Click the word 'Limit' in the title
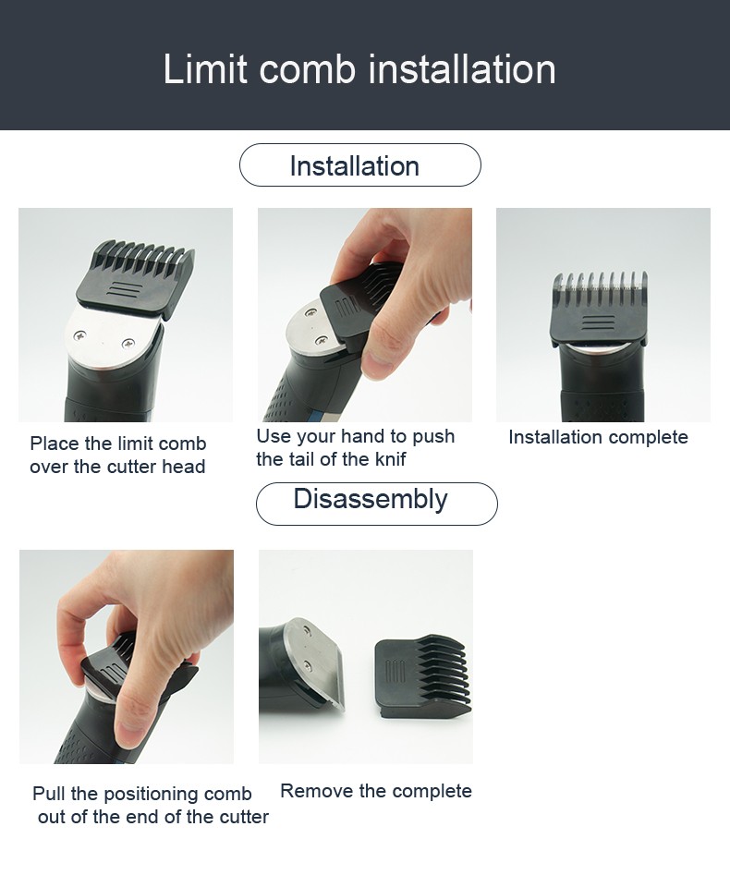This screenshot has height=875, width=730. coord(205,69)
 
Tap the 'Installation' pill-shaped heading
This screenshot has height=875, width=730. coord(360,165)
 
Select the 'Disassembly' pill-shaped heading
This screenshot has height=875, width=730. coord(377,504)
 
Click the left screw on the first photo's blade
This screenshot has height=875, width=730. coord(79,335)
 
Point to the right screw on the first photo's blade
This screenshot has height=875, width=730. coord(128,344)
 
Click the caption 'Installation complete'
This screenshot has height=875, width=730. coord(598,437)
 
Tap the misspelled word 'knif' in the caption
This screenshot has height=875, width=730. coord(391,459)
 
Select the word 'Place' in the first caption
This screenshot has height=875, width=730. coord(55,444)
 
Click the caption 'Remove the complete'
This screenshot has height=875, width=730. coord(376,791)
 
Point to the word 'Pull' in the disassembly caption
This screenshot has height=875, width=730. coord(49,794)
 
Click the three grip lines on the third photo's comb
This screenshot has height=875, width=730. coord(598,324)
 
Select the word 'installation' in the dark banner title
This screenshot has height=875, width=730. coord(461,69)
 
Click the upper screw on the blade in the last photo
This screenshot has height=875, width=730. coord(307,630)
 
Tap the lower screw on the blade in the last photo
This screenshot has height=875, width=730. coord(307,664)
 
